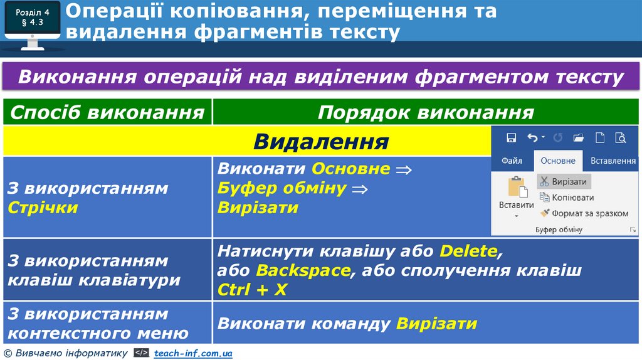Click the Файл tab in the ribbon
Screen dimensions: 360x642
tap(512, 161)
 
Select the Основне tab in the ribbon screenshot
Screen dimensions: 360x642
tap(558, 161)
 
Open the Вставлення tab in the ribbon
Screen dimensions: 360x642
tap(613, 161)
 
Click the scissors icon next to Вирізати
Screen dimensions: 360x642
tap(544, 181)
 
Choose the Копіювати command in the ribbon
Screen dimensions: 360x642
tap(567, 197)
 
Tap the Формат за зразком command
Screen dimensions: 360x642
tap(584, 213)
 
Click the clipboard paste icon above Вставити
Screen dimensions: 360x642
tap(516, 188)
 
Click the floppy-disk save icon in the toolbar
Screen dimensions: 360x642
tap(511, 137)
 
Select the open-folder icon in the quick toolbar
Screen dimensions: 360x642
tap(578, 137)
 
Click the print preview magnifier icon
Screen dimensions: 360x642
tap(621, 137)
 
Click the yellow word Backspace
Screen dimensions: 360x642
tap(303, 271)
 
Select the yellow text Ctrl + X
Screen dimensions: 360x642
tap(253, 290)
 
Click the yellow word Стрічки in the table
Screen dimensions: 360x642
tap(43, 208)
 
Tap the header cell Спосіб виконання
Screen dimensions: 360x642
tap(107, 112)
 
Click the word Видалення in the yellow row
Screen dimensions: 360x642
tap(321, 142)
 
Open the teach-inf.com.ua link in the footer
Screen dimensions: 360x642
tap(193, 354)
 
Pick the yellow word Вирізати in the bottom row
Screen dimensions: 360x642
tap(437, 324)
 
